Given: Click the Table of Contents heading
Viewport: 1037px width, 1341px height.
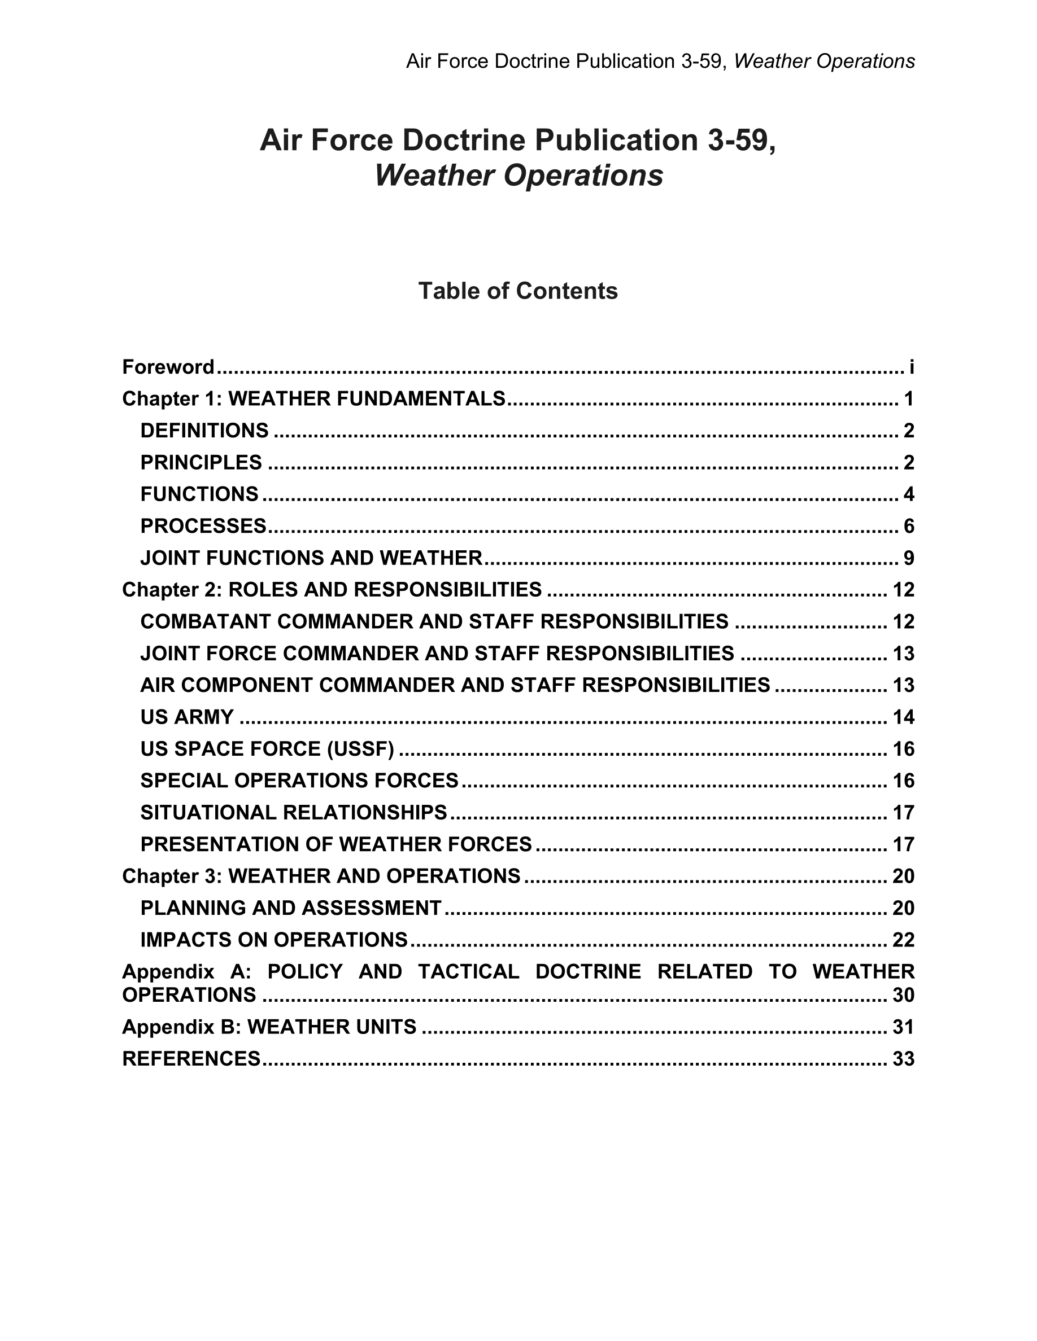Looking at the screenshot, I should click(x=517, y=291).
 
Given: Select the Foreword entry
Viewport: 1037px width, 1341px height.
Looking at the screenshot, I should click(x=168, y=367).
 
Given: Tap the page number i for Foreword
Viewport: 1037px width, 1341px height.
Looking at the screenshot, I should click(x=912, y=367).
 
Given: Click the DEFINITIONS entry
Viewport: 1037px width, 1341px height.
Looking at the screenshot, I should click(x=204, y=431).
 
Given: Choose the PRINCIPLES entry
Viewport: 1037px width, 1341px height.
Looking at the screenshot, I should click(x=201, y=463).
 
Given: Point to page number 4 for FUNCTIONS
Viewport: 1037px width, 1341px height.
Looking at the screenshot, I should click(x=909, y=495).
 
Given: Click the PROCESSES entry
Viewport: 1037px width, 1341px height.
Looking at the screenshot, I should click(x=203, y=527).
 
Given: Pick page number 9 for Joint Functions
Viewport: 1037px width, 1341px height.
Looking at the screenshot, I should click(x=909, y=559).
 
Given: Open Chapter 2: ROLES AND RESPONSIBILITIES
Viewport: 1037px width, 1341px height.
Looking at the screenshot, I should click(x=332, y=590).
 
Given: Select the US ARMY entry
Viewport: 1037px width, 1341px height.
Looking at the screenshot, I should click(x=187, y=717).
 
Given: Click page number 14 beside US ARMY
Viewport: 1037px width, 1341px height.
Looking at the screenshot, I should click(x=903, y=717).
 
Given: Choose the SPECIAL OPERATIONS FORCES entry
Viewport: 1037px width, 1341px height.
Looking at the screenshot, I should click(x=299, y=781).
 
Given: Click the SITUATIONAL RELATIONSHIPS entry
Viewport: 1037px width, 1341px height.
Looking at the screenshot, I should click(x=294, y=813).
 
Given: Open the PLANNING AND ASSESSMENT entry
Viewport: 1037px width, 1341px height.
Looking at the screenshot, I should click(x=290, y=908).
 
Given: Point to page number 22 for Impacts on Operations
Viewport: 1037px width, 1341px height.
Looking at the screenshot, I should click(x=903, y=940).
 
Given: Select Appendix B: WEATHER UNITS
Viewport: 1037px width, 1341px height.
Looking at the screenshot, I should click(x=269, y=1027).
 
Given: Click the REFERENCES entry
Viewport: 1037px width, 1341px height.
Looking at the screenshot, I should click(x=191, y=1059).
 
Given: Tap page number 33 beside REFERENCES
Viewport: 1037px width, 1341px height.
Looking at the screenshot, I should click(x=903, y=1059).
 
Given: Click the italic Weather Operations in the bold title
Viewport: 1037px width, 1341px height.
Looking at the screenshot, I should click(x=518, y=176).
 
